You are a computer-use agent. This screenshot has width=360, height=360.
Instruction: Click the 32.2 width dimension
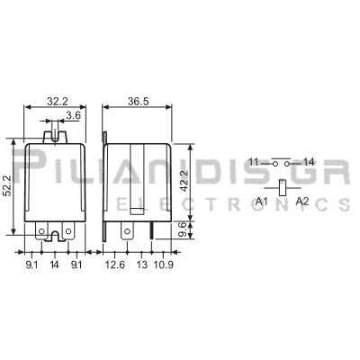[58, 102]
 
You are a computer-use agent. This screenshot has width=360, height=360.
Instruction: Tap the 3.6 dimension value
[74, 116]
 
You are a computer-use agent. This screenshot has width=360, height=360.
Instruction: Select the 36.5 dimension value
[139, 102]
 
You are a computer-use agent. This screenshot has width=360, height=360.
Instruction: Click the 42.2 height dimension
[184, 181]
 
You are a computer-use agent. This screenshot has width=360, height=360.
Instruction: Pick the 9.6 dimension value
[183, 229]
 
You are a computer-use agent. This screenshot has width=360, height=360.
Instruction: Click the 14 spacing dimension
[54, 265]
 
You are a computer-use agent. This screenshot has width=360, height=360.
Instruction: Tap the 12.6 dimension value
[114, 265]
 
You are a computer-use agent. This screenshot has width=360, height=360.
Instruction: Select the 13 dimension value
[142, 265]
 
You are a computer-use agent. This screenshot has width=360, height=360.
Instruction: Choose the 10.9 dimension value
[163, 265]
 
